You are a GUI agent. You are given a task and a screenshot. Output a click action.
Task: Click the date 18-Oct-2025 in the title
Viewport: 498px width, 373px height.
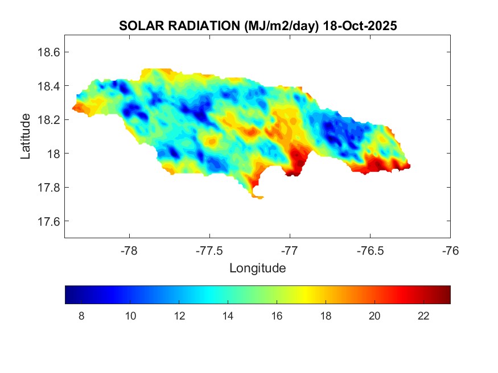pos(359,26)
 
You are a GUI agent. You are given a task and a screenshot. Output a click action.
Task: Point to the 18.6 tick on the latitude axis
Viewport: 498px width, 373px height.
pos(49,52)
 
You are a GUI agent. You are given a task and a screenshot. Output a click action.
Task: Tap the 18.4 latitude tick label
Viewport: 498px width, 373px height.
pos(49,86)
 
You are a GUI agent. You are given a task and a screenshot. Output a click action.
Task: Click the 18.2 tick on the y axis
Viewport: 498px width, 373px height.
pos(49,120)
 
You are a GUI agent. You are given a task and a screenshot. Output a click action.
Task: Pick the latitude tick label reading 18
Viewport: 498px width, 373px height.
pos(53,154)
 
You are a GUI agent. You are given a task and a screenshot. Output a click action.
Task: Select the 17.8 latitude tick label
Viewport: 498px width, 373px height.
pos(49,188)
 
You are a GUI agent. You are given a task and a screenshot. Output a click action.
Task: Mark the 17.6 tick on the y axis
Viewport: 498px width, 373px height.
pos(49,221)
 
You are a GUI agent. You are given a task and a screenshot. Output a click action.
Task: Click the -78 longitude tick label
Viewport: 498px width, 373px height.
pos(130,250)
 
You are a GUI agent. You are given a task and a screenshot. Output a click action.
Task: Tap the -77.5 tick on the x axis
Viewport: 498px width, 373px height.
pos(210,250)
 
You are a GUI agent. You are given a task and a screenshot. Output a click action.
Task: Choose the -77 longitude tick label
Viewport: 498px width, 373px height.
pos(290,250)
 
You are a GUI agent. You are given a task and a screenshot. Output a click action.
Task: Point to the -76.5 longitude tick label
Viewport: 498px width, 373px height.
pos(371,250)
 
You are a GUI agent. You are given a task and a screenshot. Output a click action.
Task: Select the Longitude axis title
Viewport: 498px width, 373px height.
pos(257,268)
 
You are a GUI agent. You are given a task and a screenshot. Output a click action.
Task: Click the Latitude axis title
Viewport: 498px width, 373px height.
pos(26,136)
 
